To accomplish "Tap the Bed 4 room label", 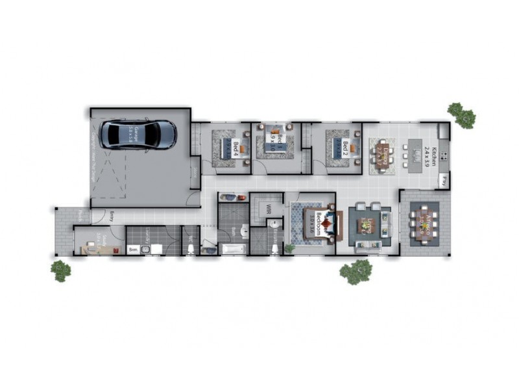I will click(237, 149).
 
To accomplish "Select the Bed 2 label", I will click(346, 149).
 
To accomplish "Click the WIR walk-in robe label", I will click(267, 209).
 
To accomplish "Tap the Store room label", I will click(195, 172).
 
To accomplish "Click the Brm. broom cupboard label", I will click(132, 249).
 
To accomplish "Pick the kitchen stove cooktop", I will click(444, 156).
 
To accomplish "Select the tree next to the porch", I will click(61, 269).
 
